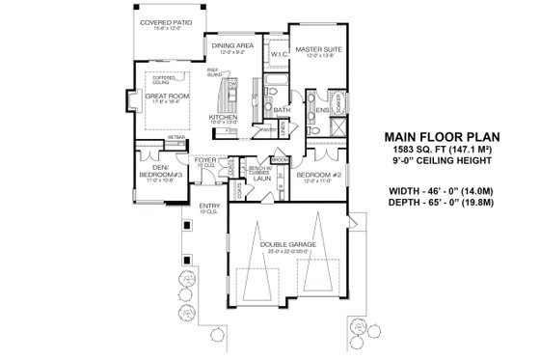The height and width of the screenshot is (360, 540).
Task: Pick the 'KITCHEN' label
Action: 224,118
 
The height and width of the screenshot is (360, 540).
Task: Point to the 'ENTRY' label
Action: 209,205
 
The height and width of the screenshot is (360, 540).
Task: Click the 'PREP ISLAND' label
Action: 212,72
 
